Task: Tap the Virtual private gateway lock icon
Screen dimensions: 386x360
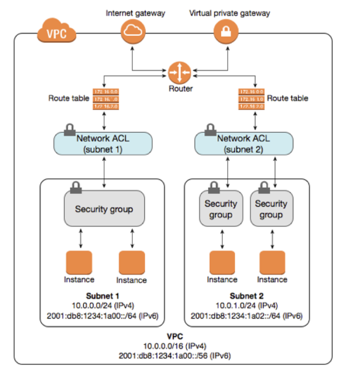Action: [226, 31]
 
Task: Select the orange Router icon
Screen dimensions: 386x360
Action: [180, 72]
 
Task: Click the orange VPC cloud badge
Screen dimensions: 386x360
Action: [56, 34]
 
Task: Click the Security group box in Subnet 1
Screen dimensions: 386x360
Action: [104, 209]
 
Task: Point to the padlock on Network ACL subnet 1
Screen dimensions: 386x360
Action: [69, 130]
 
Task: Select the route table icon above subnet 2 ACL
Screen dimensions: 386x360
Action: [250, 99]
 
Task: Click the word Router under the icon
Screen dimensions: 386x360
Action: [180, 88]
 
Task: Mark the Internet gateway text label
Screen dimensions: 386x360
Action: [135, 14]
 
